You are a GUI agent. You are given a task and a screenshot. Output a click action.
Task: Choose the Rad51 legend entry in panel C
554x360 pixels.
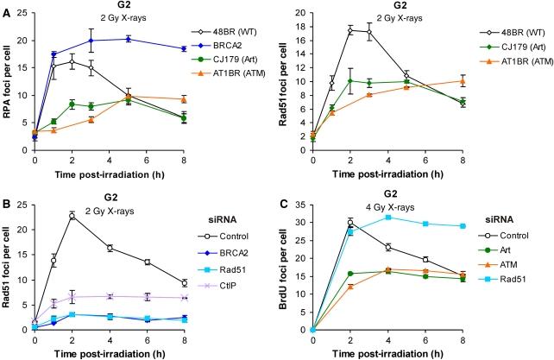click(x=513, y=289)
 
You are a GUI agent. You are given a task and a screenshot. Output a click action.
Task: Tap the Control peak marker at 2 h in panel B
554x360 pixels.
click(x=72, y=215)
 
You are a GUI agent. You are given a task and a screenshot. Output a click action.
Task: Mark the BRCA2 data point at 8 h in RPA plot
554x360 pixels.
click(x=181, y=49)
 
